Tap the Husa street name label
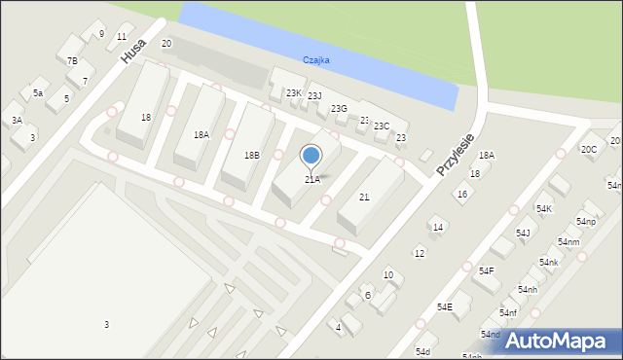point(134,52)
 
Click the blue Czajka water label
point(315,59)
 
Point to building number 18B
point(251,155)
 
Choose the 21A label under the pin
point(311,179)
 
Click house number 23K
point(293,92)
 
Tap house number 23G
point(339,108)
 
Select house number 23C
point(382,126)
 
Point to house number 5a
point(38,92)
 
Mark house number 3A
point(17,120)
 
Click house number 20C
point(588,149)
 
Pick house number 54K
point(543,209)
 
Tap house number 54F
point(484,270)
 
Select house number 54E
point(444,306)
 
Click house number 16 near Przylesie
point(462,194)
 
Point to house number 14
point(438,227)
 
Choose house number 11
point(121,36)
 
